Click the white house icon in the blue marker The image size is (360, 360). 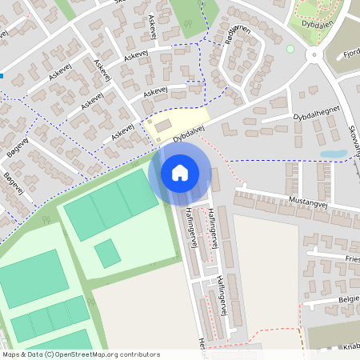(x=180, y=172)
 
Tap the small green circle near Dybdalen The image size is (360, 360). (x=290, y=49)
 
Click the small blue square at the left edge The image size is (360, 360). (x=2, y=76)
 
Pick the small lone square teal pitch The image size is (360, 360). (x=106, y=254)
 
